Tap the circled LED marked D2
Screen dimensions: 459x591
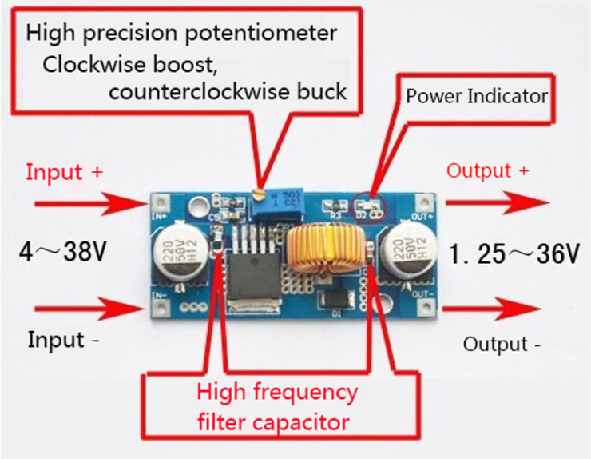point(370,206)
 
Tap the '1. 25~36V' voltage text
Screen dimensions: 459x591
point(514,255)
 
